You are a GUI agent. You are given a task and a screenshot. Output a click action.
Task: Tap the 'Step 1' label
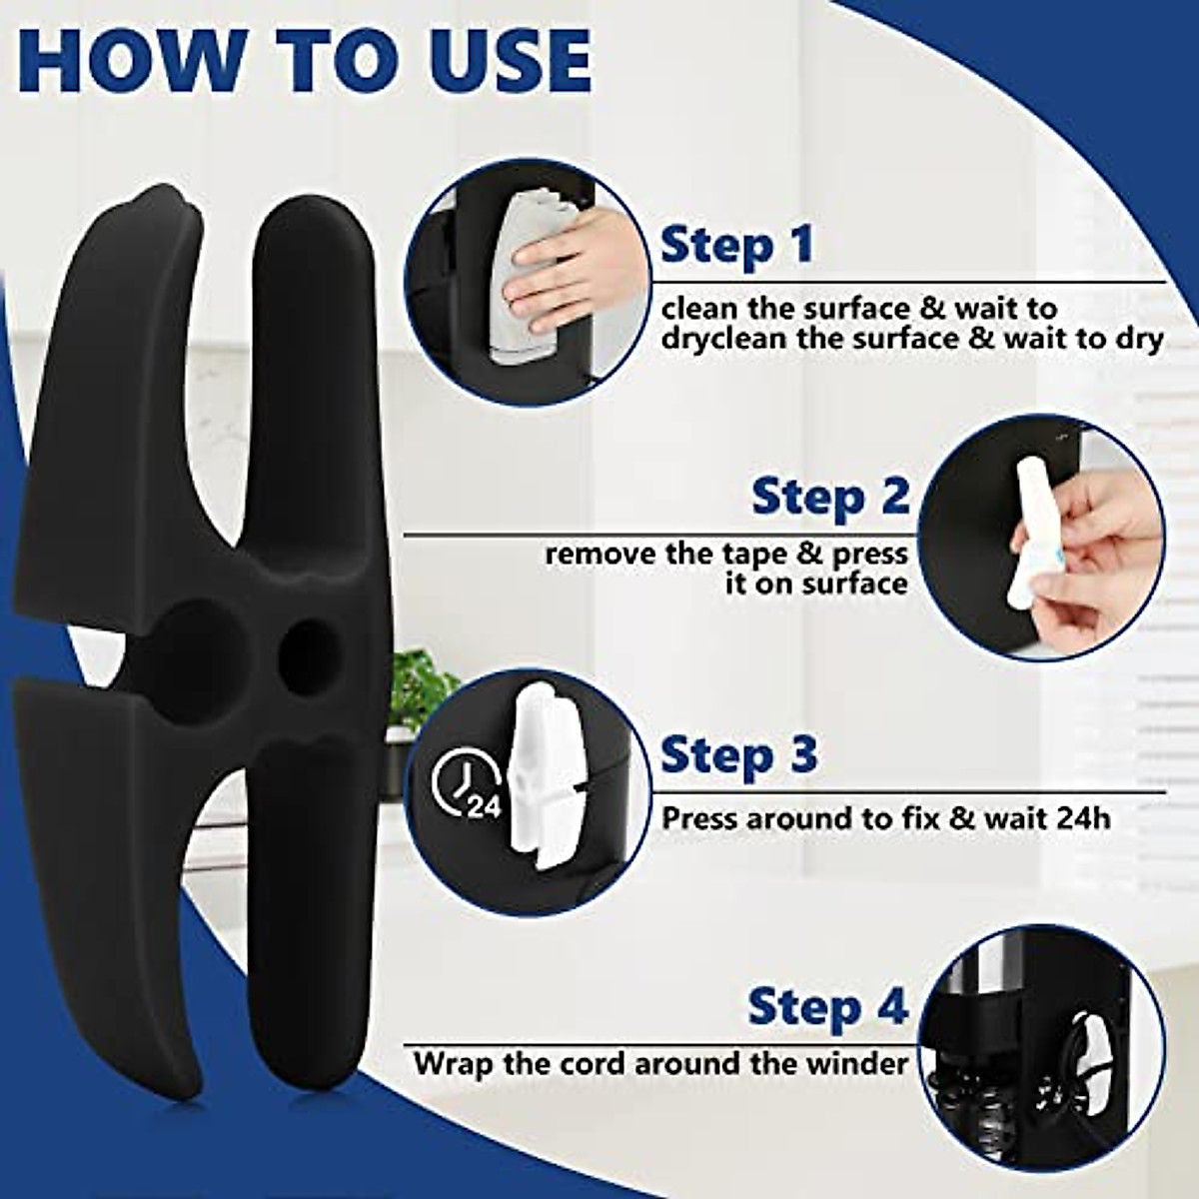737,246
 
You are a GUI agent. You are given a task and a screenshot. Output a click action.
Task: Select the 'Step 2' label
830,497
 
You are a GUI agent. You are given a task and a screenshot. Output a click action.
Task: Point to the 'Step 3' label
739,755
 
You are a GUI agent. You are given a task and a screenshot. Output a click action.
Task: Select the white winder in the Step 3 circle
545,779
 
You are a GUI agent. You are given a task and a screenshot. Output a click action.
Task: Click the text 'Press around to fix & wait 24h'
886,818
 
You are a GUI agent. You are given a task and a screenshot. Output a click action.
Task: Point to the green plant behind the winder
421,689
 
